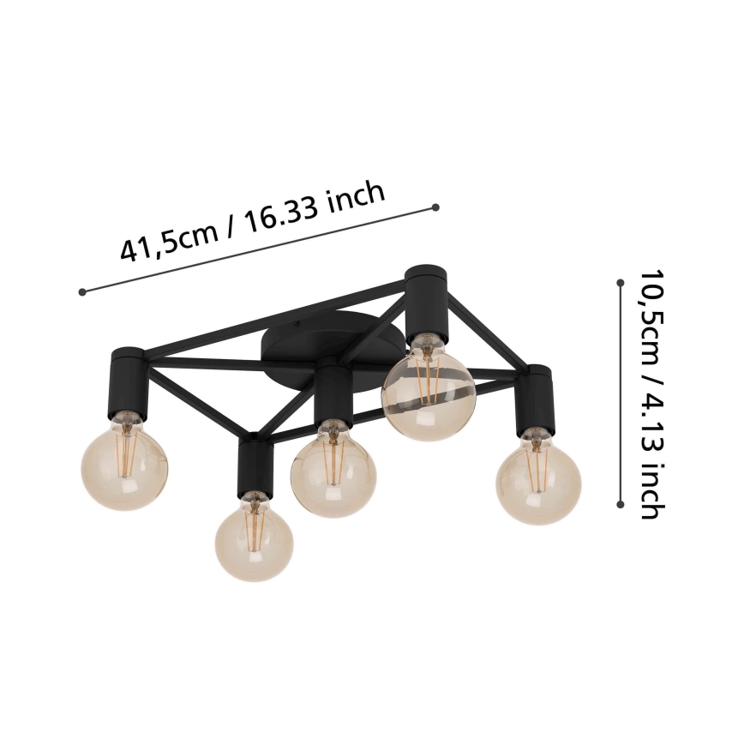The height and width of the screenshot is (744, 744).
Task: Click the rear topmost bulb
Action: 428,387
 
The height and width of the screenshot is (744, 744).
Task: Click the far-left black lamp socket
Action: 129,384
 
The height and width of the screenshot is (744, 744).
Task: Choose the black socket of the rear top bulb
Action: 427,303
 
